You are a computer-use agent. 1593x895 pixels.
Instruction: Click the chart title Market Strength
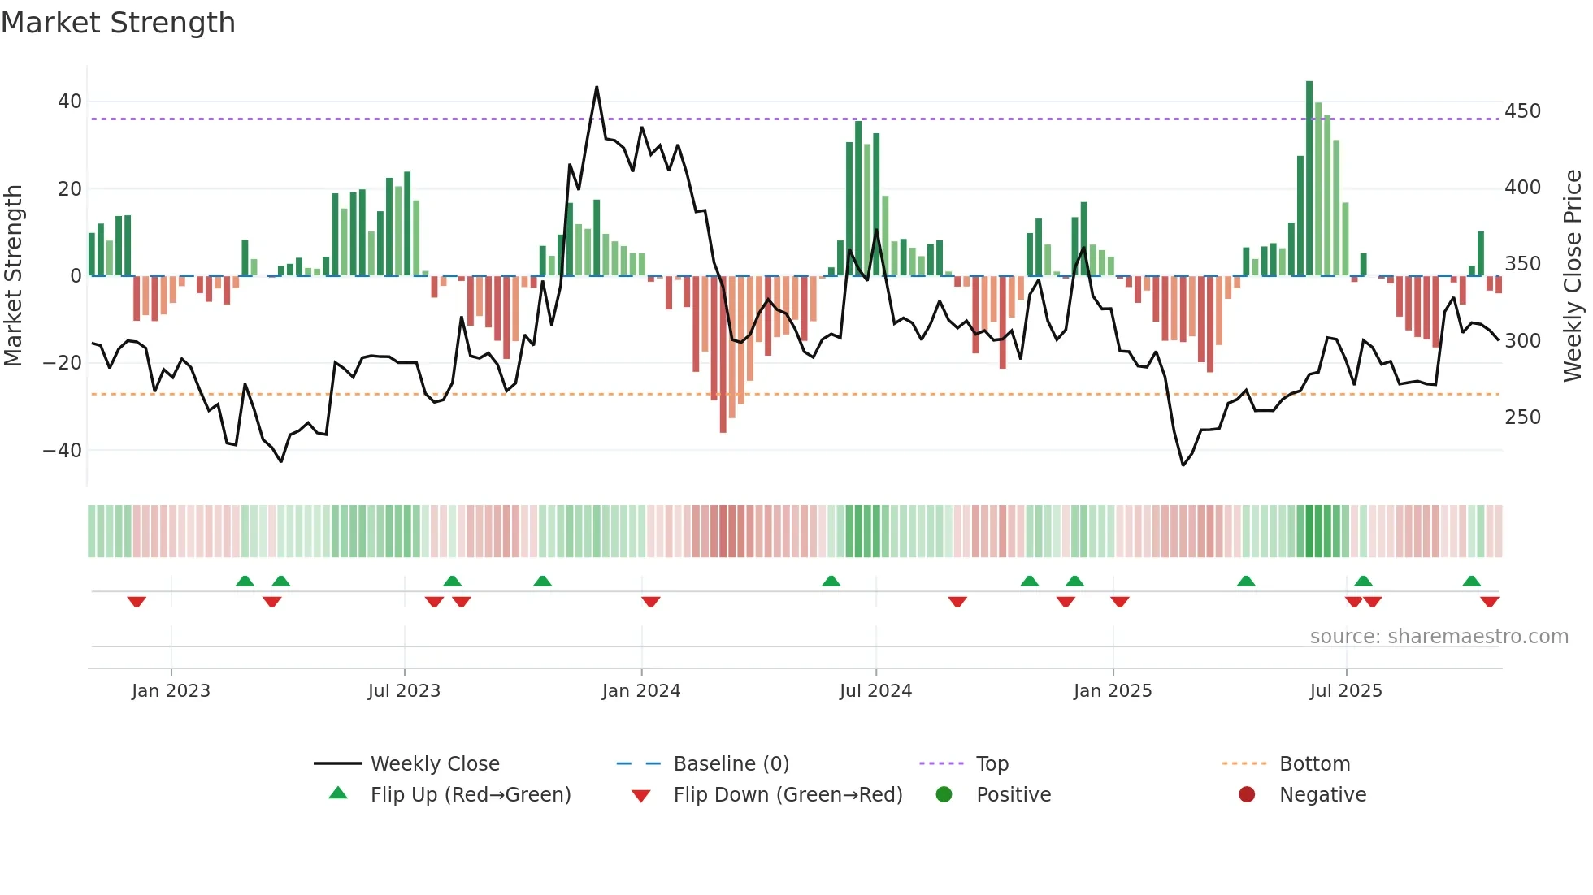pyautogui.click(x=118, y=23)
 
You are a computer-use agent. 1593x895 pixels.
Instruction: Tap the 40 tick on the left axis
pyautogui.click(x=69, y=102)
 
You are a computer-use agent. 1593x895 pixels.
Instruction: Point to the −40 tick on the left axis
pyautogui.click(x=63, y=450)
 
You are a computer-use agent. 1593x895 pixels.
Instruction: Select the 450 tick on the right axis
pyautogui.click(x=1522, y=111)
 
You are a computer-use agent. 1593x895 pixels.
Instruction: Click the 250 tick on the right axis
pyautogui.click(x=1522, y=417)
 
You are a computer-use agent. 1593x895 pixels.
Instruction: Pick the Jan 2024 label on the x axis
pyautogui.click(x=640, y=691)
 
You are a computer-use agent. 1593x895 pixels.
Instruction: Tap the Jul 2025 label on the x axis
pyautogui.click(x=1345, y=691)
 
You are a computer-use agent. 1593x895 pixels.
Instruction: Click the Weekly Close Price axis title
pyautogui.click(x=1573, y=276)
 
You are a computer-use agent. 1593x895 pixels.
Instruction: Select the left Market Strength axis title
pyautogui.click(x=14, y=276)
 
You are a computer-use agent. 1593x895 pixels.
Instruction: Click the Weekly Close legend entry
pyautogui.click(x=435, y=764)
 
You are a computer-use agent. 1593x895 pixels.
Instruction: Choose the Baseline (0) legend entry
pyautogui.click(x=731, y=764)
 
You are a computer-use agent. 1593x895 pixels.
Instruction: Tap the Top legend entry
pyautogui.click(x=992, y=764)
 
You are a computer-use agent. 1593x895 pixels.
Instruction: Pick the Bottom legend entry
pyautogui.click(x=1314, y=764)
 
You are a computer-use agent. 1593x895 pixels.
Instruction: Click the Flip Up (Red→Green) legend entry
pyautogui.click(x=470, y=795)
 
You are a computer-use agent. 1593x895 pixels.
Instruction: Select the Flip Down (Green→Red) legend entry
pyautogui.click(x=788, y=795)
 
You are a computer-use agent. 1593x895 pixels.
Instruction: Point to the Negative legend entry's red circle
pyautogui.click(x=1247, y=795)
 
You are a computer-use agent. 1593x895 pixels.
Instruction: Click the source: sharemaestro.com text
pyautogui.click(x=1439, y=637)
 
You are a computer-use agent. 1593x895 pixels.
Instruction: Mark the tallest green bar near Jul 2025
pyautogui.click(x=1309, y=179)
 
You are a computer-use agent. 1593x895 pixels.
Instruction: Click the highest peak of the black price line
pyautogui.click(x=597, y=88)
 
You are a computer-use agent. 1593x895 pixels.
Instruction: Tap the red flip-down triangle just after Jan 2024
pyautogui.click(x=650, y=602)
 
